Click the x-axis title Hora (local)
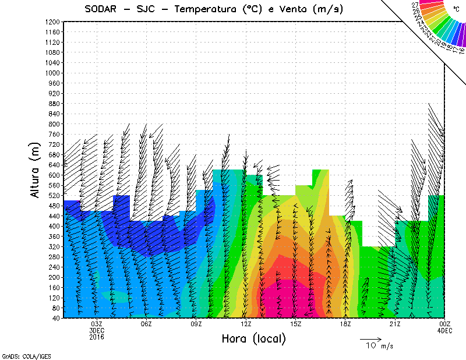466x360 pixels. coord(253,338)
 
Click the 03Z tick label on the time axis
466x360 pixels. coord(97,324)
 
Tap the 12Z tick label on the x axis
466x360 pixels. coord(246,324)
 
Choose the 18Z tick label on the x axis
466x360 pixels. coord(345,324)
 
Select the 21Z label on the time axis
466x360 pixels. coord(395,324)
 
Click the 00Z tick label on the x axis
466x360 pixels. coord(445,324)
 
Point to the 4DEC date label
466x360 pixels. coord(445,330)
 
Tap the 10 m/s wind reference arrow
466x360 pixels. coord(370,338)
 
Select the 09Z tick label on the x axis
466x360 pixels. coord(197,324)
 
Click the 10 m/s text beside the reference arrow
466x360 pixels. coord(379,346)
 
